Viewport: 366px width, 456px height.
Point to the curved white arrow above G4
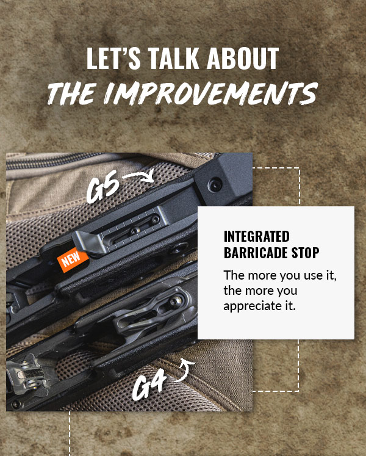tap(187, 367)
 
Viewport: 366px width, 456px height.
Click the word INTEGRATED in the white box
tap(256, 237)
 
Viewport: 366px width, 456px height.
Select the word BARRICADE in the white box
tap(256, 252)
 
